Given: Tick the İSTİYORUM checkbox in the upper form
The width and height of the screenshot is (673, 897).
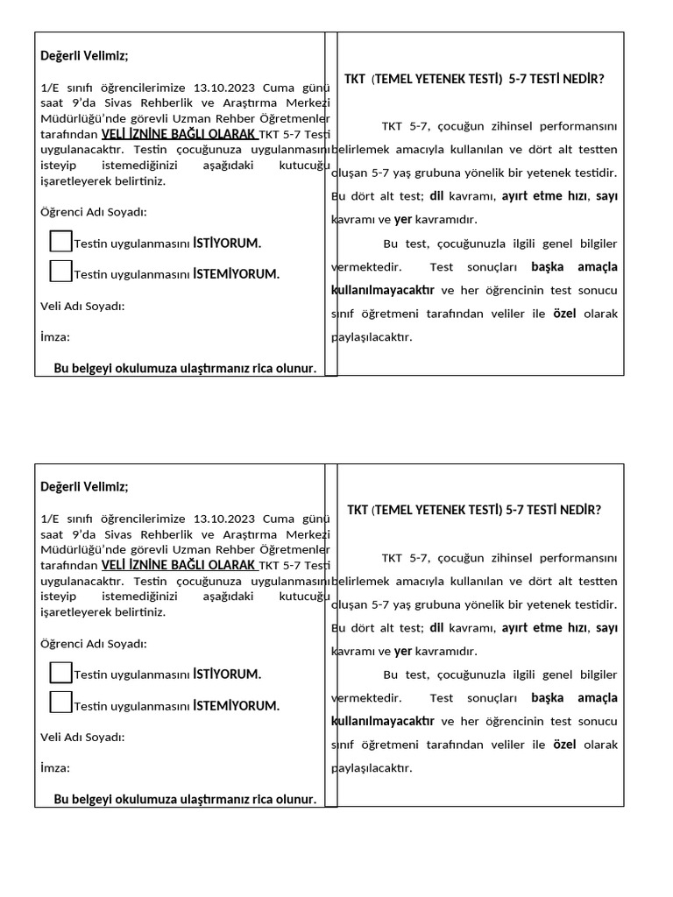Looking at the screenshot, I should [61, 240].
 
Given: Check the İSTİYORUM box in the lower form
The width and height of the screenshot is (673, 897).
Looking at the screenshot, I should [61, 672].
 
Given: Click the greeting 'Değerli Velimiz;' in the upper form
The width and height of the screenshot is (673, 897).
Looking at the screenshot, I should [84, 57].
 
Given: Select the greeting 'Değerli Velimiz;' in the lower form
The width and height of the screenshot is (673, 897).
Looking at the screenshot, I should [84, 487].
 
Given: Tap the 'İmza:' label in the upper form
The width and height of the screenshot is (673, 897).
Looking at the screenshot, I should [55, 336].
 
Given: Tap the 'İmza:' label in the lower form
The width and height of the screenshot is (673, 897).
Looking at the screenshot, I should [55, 767].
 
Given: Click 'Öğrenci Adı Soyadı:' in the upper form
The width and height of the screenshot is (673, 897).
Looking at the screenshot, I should [94, 212].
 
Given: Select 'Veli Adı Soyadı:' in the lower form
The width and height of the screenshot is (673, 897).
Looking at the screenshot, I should [82, 737].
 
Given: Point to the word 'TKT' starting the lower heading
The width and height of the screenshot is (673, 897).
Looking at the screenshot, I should [358, 510].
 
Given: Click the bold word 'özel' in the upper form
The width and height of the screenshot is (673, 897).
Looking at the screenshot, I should [564, 313].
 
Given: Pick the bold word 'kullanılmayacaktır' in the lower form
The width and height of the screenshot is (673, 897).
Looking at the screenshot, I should [383, 721].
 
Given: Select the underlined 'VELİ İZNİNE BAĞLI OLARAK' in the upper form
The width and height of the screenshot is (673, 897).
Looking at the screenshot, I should [179, 134].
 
